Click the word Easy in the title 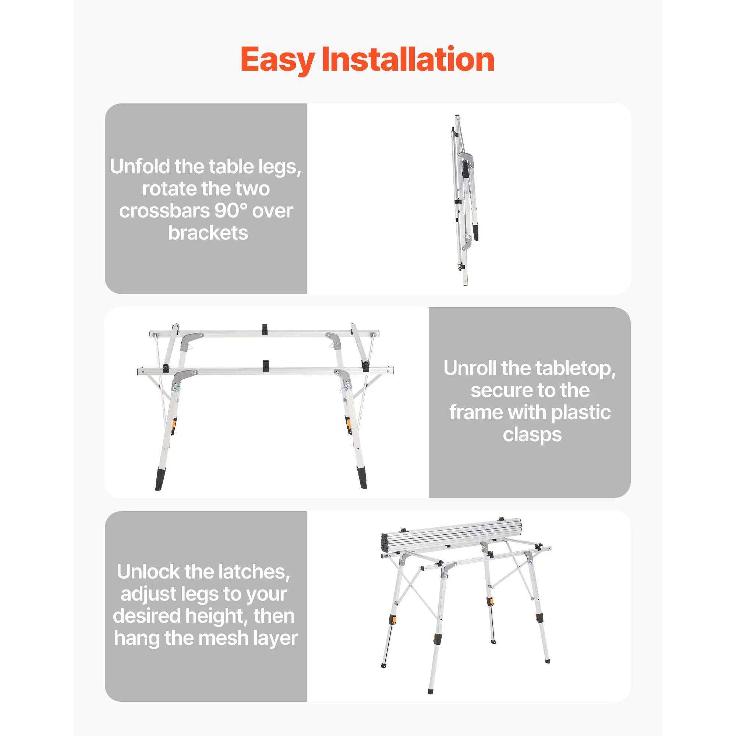pos(278,60)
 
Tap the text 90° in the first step pos(231,210)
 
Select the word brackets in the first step pos(208,233)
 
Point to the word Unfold pos(140,166)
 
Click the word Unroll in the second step pos(470,368)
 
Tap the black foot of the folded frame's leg pos(476,232)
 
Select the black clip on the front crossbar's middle pos(266,367)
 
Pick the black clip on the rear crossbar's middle pos(265,329)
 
